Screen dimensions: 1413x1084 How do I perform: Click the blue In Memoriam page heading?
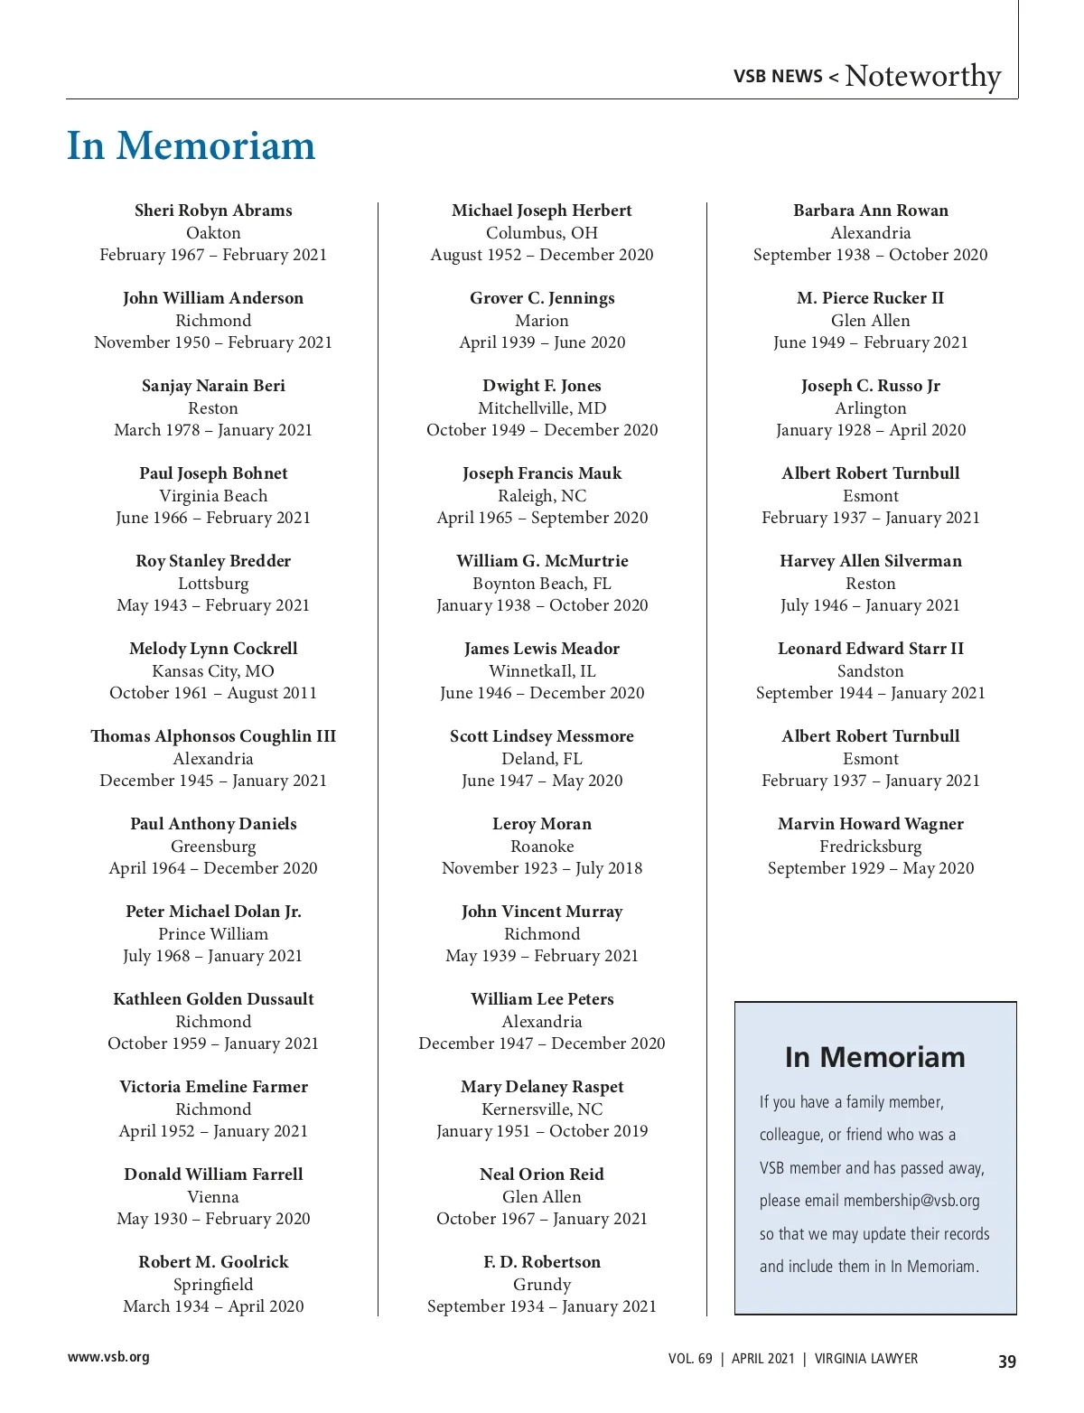click(x=191, y=146)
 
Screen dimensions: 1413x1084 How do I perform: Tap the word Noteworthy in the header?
click(x=922, y=76)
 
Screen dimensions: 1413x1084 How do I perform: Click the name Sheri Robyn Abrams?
click(x=213, y=211)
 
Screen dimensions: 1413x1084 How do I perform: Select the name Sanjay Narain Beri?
click(x=213, y=386)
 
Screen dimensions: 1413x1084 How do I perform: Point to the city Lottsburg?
click(x=213, y=584)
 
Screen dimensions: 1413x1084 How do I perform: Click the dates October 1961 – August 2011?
click(x=213, y=693)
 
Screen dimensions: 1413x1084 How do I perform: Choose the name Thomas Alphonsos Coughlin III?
click(x=213, y=736)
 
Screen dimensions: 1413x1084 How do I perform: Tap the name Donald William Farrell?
click(x=213, y=1174)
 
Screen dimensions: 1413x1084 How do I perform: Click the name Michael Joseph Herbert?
click(x=542, y=211)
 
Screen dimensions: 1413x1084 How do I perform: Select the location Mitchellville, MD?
click(x=542, y=408)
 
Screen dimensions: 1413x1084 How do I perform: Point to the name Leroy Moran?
click(x=542, y=824)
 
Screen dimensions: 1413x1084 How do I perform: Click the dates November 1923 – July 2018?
click(x=542, y=868)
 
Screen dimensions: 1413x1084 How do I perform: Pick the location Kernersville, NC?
click(x=542, y=1109)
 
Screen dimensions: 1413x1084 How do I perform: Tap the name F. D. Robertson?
click(x=542, y=1262)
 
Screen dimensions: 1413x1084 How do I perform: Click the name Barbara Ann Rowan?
click(x=871, y=211)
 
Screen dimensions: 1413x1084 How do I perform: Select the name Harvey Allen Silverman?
click(x=871, y=561)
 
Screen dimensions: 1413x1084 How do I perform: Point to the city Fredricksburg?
click(x=871, y=847)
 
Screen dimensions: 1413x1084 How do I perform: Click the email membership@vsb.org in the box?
click(x=911, y=1201)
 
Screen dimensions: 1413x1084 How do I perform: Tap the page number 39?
click(x=1007, y=1362)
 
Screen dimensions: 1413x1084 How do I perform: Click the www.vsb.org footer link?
click(x=108, y=1357)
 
